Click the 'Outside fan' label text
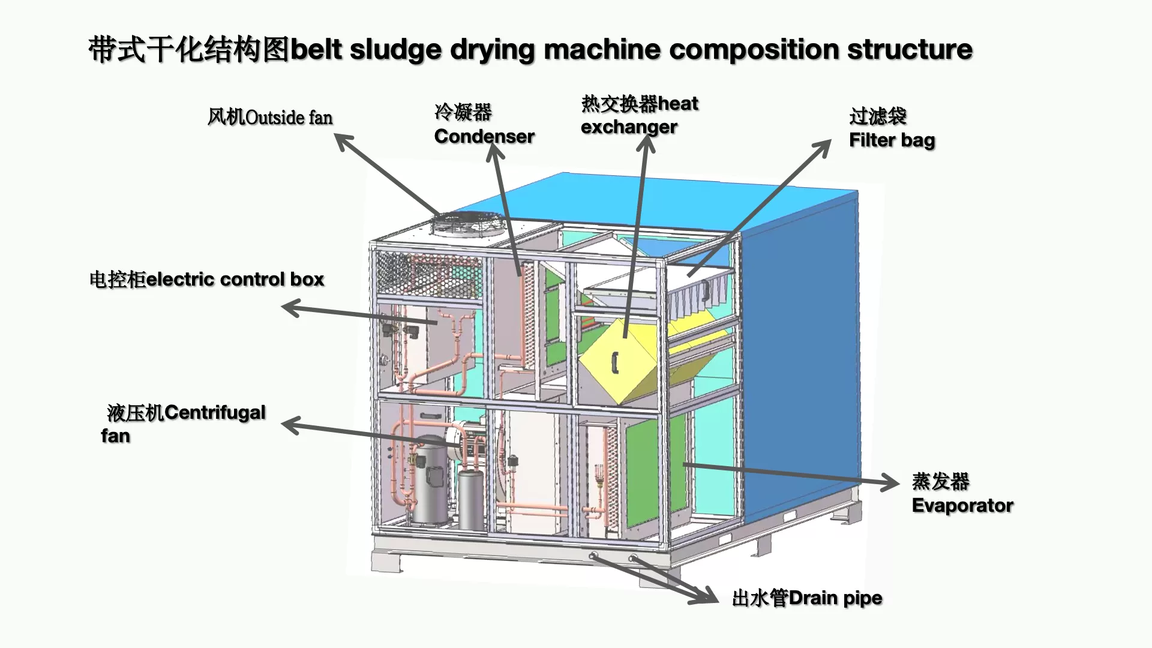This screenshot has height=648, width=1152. click(x=289, y=118)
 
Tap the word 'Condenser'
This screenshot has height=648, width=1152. click(x=484, y=137)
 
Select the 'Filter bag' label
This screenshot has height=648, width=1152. click(x=892, y=140)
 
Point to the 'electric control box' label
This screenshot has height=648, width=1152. click(x=235, y=280)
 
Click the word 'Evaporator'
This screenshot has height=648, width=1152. click(x=962, y=506)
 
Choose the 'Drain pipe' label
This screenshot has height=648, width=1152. click(x=835, y=598)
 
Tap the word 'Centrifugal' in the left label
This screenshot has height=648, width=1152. click(x=215, y=413)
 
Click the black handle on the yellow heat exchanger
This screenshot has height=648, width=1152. click(x=614, y=360)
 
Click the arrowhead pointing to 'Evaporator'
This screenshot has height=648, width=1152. click(x=892, y=482)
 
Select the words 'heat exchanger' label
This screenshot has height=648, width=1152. click(x=640, y=115)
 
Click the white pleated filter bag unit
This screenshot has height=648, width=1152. click(x=699, y=297)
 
